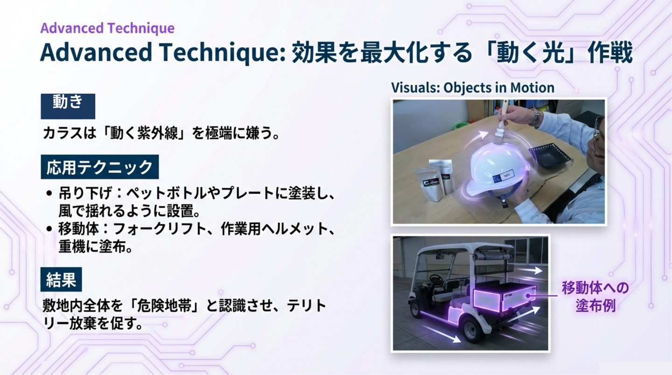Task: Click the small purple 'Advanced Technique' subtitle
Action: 107,28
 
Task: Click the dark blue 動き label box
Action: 68,106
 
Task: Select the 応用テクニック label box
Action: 100,167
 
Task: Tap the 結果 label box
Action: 61,279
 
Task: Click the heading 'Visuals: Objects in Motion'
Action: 473,88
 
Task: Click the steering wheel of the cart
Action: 436,280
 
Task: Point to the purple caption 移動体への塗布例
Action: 595,297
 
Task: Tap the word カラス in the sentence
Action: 63,133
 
